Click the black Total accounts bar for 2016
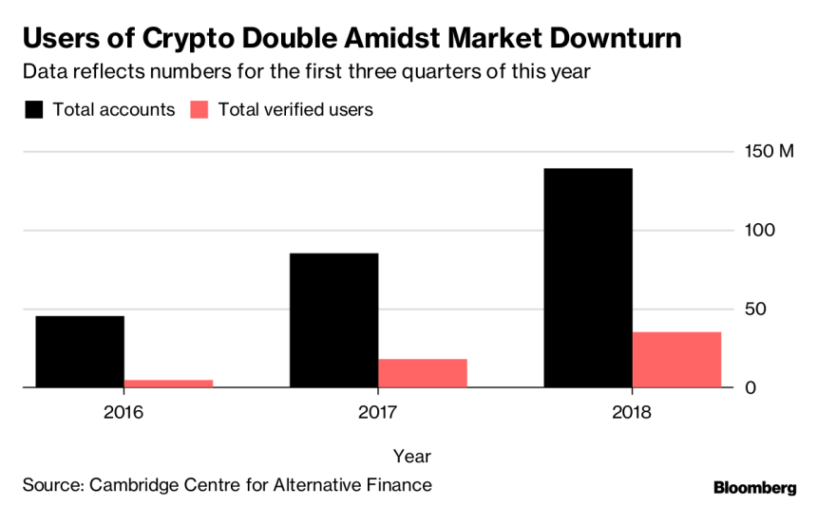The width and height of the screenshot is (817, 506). [x=80, y=351]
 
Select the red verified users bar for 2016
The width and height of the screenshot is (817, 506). [x=168, y=383]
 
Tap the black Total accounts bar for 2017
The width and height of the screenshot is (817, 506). [x=333, y=320]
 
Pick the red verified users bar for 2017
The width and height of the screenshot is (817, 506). [x=423, y=372]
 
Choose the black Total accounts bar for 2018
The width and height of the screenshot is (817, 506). [x=588, y=277]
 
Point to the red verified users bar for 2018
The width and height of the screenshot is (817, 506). [x=677, y=359]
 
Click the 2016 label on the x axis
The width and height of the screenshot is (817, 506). [x=123, y=413]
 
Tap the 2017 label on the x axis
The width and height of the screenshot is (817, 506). [x=378, y=413]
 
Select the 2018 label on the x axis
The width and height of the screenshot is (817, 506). [x=632, y=413]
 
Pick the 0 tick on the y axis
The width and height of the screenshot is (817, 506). [x=750, y=387]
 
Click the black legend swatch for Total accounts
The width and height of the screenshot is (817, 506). [x=34, y=109]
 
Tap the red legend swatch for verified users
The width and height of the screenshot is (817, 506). [x=199, y=109]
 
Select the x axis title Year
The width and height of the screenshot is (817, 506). [x=412, y=456]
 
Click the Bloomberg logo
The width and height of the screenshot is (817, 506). [x=754, y=487]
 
